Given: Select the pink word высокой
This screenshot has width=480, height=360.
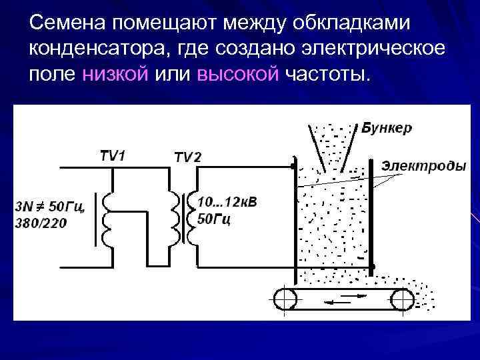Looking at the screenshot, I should coord(237,73).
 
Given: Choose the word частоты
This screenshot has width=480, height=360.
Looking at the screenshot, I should coord(325,73).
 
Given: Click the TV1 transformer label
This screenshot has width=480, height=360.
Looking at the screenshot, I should coord(113,156).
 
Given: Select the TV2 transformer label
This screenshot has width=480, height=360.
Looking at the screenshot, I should coord(187,157).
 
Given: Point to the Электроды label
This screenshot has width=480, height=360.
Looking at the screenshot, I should coord(423,165).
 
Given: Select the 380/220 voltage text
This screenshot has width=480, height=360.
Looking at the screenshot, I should coord(41,223).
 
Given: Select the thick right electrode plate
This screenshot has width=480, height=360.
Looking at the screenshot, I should coord(371,213).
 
